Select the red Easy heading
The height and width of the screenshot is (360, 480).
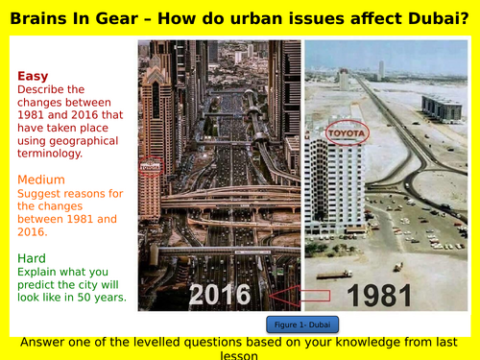pos(35,77)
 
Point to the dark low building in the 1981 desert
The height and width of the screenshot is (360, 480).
pos(442,108)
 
